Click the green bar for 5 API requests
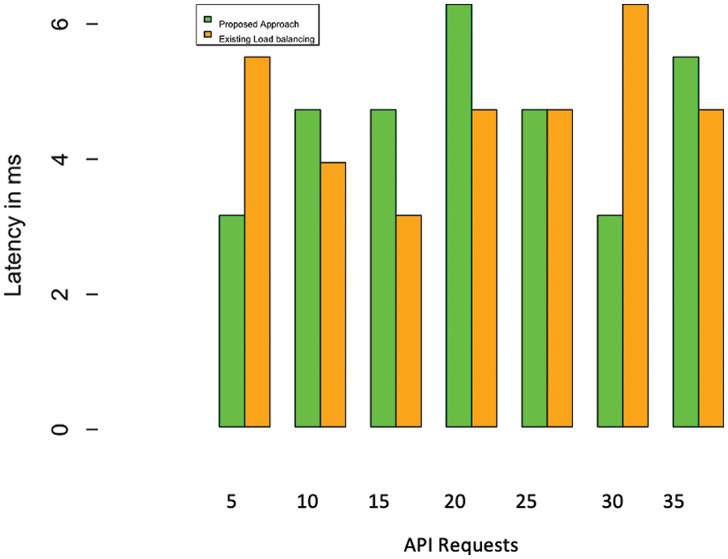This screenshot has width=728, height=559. (x=231, y=321)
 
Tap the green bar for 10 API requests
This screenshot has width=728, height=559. (x=307, y=268)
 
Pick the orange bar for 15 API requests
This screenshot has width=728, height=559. (x=408, y=321)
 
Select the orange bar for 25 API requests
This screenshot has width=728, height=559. (x=559, y=268)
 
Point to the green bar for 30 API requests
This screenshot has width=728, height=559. (x=609, y=321)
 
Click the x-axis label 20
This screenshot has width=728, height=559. (x=454, y=502)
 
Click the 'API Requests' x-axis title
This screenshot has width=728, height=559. (x=461, y=545)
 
